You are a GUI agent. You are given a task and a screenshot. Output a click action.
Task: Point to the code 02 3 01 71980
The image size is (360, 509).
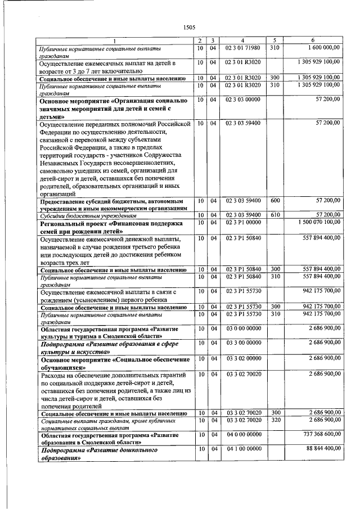coord(243,48)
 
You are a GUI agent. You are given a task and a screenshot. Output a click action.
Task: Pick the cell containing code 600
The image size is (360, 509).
coord(275,200)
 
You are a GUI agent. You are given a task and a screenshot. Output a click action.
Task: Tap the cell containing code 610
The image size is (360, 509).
coord(275,215)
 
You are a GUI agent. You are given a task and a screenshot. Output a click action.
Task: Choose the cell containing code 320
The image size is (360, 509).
coord(275,420)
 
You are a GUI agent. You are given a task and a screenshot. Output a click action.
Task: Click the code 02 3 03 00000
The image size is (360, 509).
coord(243,100)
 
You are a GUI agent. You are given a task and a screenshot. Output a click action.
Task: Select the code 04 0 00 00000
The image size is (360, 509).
coord(243,435)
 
